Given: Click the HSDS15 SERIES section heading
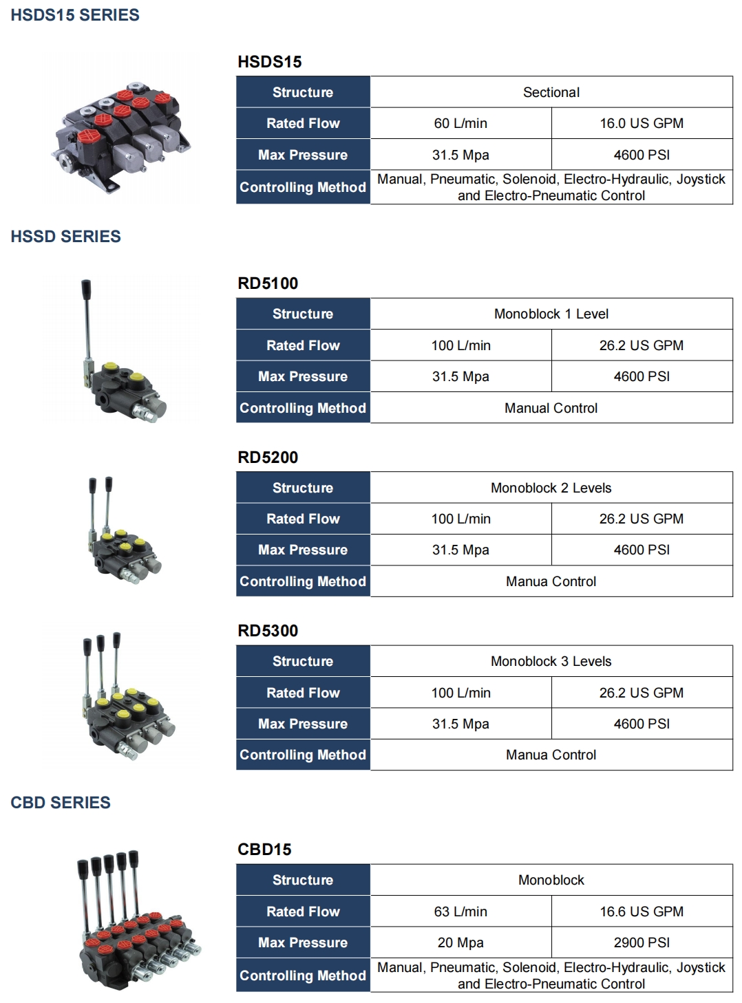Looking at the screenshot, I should click(x=75, y=15).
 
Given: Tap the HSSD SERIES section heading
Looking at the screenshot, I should click(x=66, y=237).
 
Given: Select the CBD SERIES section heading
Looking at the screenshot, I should click(x=61, y=803).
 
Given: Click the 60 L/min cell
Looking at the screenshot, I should click(x=460, y=124).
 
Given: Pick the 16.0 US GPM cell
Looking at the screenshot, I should click(x=642, y=124).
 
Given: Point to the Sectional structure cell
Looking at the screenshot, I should click(x=551, y=92).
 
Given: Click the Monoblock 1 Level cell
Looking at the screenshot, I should click(x=551, y=314).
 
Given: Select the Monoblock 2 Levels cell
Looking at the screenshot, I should click(x=551, y=488).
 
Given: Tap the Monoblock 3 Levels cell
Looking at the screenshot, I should click(x=551, y=662).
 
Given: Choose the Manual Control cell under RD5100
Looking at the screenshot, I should click(x=551, y=409).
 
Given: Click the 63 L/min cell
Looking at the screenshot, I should click(x=460, y=912).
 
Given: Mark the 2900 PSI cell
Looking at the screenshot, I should click(x=642, y=943).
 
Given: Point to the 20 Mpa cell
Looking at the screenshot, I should click(x=460, y=943).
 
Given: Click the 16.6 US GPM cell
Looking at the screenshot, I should click(x=642, y=912).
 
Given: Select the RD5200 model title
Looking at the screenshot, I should click(x=268, y=457).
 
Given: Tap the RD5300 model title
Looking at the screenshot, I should click(x=268, y=631).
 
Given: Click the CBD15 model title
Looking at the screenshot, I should click(x=264, y=850).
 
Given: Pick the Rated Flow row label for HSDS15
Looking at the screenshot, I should click(x=303, y=124).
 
